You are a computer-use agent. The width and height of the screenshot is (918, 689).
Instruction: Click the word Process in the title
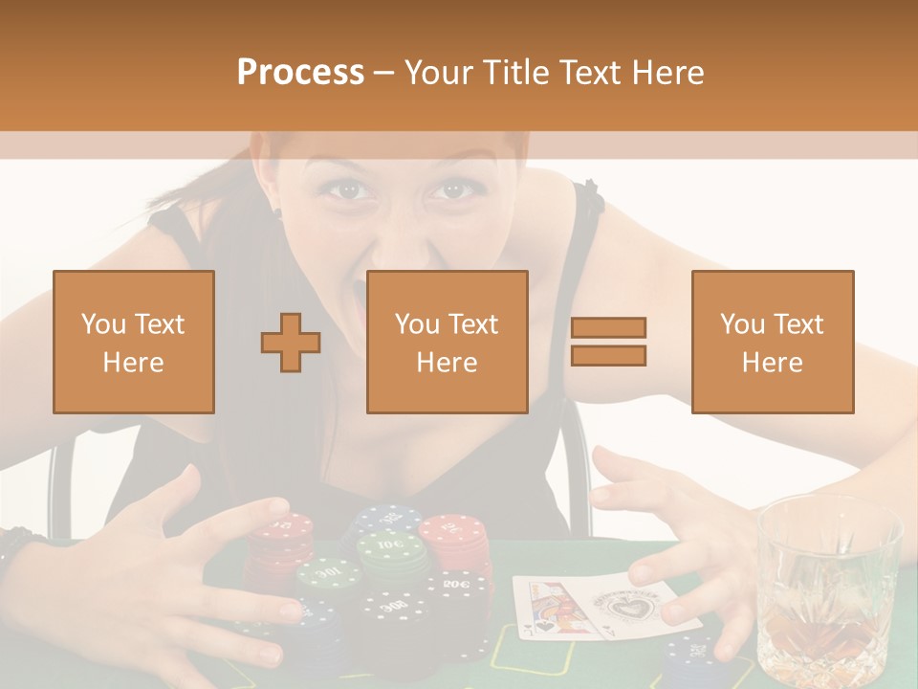[x=300, y=73]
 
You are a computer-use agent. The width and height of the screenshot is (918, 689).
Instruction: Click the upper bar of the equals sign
[x=608, y=328]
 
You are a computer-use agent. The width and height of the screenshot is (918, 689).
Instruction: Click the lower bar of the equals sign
[x=608, y=356]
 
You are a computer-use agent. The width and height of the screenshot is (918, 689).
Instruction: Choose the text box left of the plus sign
[x=134, y=342]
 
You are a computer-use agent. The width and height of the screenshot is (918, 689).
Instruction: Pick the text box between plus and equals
[x=448, y=342]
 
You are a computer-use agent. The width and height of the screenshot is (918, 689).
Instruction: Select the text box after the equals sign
[x=773, y=342]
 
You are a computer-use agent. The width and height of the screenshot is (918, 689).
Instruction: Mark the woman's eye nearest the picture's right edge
[x=446, y=190]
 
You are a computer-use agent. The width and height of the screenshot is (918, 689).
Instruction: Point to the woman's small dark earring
[x=278, y=212]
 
